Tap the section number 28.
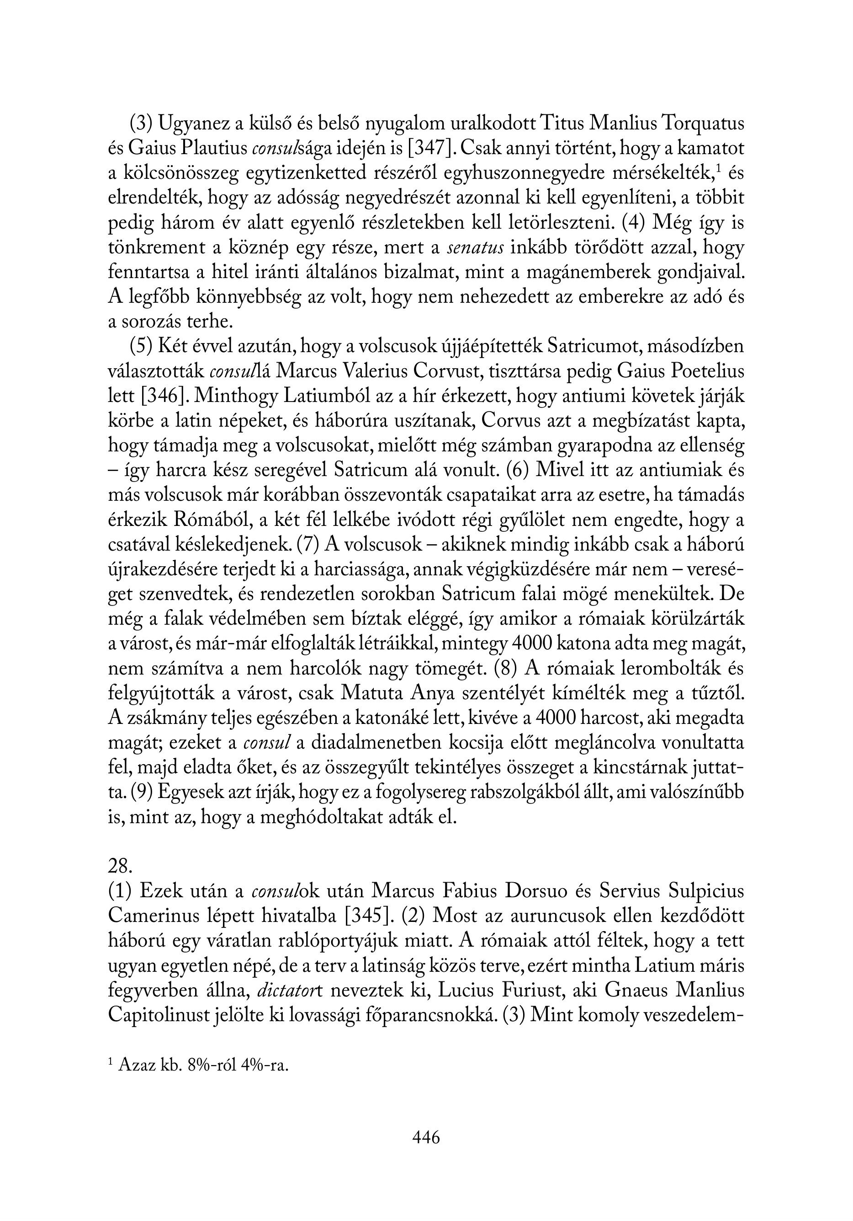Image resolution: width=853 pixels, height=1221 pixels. (x=119, y=866)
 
